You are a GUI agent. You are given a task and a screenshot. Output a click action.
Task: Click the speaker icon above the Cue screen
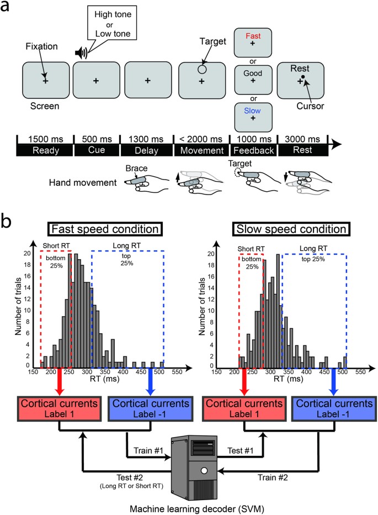(81, 53)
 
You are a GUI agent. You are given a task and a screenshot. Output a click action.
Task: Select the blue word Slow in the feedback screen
(253, 110)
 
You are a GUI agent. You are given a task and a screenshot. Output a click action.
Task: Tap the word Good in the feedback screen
(253, 72)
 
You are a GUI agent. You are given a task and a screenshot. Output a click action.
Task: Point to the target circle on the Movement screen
(202, 70)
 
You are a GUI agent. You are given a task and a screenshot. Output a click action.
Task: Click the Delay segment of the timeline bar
(147, 149)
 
